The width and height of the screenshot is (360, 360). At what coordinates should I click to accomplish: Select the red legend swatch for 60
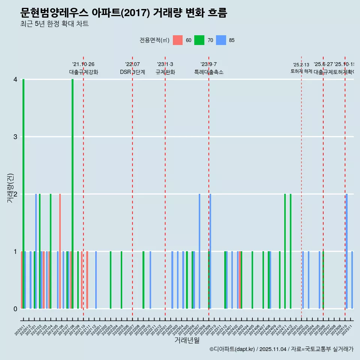point(178,40)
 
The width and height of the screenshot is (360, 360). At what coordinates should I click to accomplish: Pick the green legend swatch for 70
point(199,40)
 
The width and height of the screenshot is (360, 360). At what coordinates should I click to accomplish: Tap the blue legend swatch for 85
point(221,40)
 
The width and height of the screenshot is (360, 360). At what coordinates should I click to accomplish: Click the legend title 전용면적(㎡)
point(154,40)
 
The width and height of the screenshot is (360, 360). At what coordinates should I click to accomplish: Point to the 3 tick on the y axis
point(15,137)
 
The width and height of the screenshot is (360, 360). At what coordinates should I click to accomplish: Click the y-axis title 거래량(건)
point(10,188)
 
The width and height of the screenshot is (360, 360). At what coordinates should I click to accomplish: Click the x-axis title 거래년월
point(187,340)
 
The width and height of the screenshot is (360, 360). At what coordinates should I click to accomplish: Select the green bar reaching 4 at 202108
point(72,194)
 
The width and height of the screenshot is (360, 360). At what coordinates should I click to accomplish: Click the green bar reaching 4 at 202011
point(23,194)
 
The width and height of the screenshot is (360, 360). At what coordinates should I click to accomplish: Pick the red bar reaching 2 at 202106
point(60,251)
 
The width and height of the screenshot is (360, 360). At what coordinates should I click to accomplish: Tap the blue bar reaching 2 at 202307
point(199,251)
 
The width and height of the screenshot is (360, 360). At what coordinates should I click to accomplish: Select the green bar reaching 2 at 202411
point(285,251)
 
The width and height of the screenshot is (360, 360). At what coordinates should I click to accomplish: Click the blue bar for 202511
point(352,280)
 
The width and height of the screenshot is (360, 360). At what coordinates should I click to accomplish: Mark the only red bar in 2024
point(238,280)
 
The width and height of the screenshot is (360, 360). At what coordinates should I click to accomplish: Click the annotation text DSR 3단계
point(132,72)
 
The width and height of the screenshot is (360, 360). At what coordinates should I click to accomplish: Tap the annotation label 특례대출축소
point(209,72)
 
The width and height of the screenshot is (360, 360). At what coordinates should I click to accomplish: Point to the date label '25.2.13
point(301,65)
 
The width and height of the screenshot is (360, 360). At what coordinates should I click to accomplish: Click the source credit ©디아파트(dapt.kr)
point(232,349)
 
